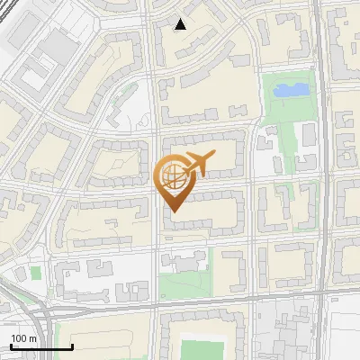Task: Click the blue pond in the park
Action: [291, 90]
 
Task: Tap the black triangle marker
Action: [181, 24]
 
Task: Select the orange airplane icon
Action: [199, 164]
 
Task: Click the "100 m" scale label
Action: [24, 337]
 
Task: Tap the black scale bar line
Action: [41, 347]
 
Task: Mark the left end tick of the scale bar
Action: [11, 346]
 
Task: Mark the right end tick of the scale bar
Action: [72, 346]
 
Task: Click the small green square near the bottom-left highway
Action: [36, 273]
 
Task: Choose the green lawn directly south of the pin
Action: [184, 285]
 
